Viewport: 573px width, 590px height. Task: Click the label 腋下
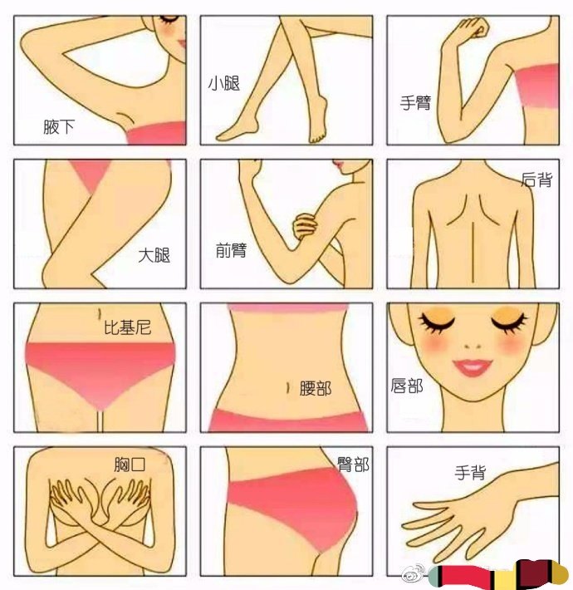[59, 127]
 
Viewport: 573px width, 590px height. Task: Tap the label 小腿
[224, 83]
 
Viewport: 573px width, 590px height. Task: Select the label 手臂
[415, 102]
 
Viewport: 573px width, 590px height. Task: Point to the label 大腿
[154, 255]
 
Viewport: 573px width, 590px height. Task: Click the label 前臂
[231, 250]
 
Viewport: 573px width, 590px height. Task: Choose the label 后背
[537, 179]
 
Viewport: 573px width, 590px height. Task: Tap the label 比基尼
[127, 327]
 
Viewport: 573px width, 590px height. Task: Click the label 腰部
[315, 388]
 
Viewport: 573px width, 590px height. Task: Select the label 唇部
[406, 386]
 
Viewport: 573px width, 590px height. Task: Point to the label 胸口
[130, 465]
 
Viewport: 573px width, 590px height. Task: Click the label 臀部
[353, 465]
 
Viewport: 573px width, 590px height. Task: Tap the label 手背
[470, 472]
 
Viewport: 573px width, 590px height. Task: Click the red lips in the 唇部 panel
[473, 367]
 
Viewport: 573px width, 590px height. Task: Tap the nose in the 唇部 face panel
[473, 346]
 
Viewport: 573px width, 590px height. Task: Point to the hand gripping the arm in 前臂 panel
[306, 226]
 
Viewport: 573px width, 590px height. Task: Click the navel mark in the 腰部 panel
[287, 388]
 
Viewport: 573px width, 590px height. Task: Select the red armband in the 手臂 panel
[537, 86]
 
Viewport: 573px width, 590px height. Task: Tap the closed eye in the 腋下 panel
[169, 19]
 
